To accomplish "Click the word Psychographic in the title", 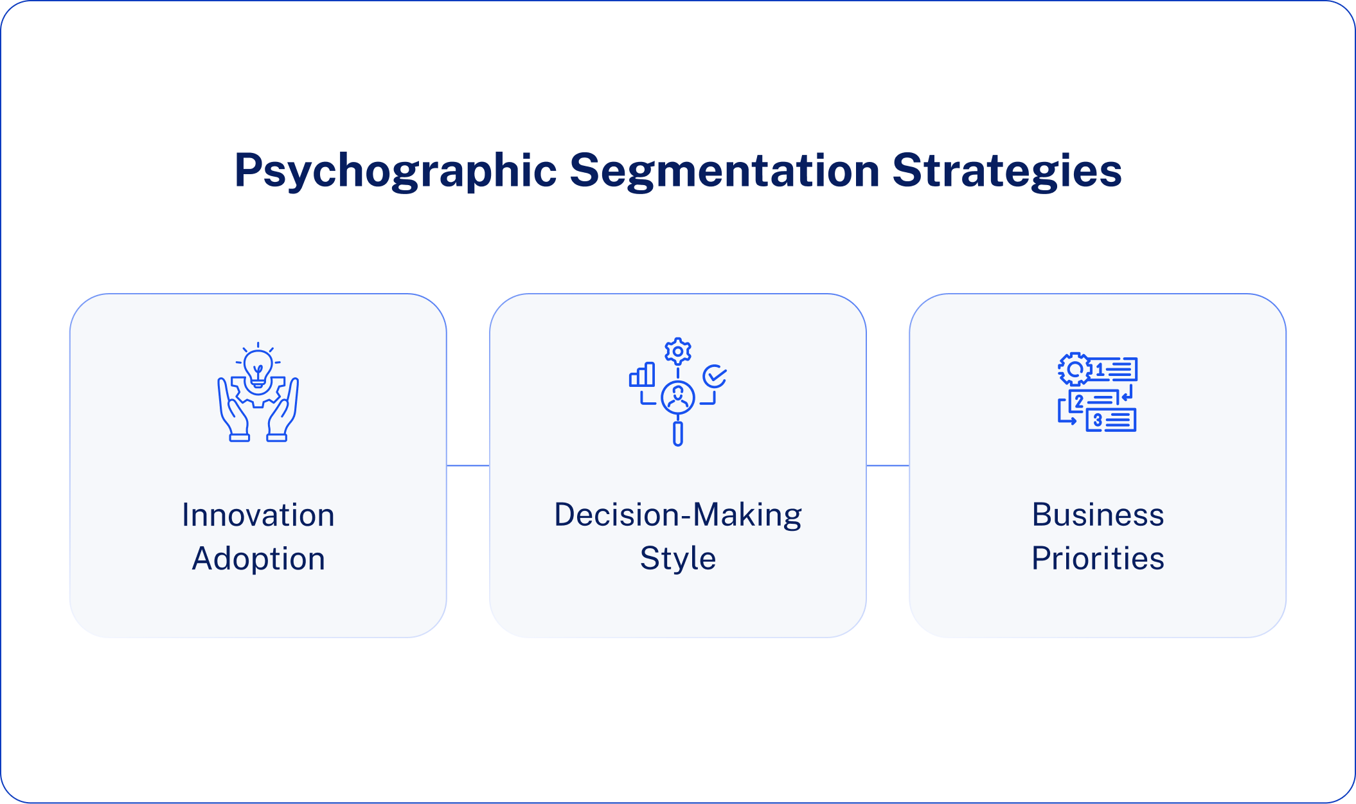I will tap(395, 171).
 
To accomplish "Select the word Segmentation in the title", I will tap(724, 171).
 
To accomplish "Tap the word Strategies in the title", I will tap(1006, 171).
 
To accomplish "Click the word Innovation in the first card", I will tap(258, 515).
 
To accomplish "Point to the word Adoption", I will tap(258, 558).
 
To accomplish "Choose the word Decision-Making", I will tap(677, 515).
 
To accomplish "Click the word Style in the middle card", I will tap(677, 558).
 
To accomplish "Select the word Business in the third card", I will tap(1098, 515).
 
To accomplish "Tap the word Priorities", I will tap(1098, 558).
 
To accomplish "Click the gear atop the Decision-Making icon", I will tap(677, 352).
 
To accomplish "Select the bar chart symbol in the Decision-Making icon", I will tap(642, 375).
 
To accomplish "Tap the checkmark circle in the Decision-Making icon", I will tap(715, 377).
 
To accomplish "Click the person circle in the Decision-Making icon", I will tap(677, 398).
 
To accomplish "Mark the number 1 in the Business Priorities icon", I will tap(1100, 370).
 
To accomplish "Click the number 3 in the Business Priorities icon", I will tap(1098, 420).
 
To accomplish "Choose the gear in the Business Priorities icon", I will tap(1074, 369).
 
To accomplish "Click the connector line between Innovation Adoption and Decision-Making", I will tap(468, 465).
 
